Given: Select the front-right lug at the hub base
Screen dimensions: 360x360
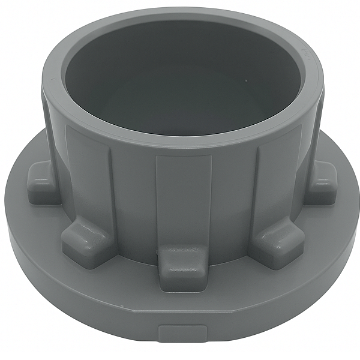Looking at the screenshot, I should point(277,241).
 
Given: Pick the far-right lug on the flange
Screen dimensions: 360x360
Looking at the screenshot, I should point(322,182).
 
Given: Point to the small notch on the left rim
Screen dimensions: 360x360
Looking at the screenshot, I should point(53,80).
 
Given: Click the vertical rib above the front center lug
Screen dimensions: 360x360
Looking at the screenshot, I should point(183,198).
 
